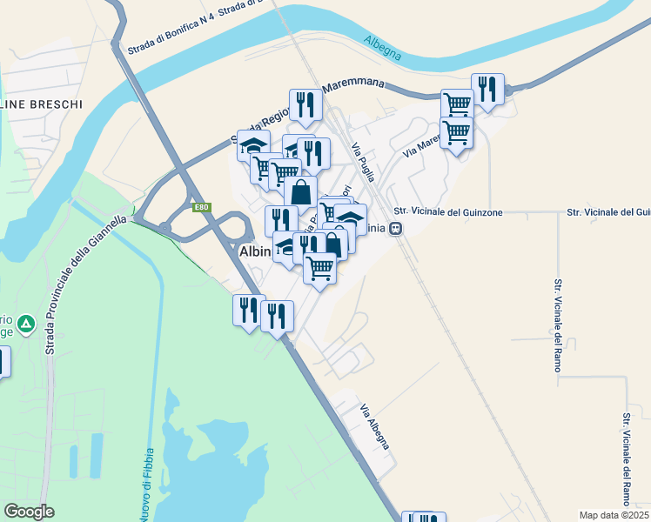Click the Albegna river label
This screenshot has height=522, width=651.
[x=383, y=48]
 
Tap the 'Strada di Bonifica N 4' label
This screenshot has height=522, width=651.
[x=170, y=38]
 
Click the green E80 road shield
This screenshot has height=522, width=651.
[x=202, y=207]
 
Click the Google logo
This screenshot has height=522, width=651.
[x=29, y=512]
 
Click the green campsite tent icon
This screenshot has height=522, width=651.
[x=27, y=325]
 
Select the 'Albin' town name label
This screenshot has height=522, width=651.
[x=256, y=251]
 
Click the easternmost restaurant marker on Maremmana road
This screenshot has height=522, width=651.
[x=487, y=89]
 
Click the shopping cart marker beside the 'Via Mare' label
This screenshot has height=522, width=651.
[x=456, y=133]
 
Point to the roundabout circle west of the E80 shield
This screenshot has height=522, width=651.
[x=164, y=228]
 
